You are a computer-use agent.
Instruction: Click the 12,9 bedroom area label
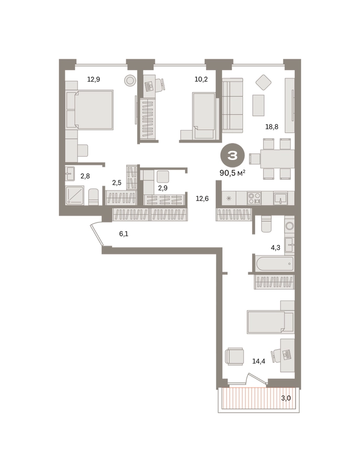pyautogui.click(x=93, y=80)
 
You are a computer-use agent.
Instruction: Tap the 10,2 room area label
pyautogui.click(x=201, y=80)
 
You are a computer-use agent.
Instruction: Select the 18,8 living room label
pyautogui.click(x=271, y=127)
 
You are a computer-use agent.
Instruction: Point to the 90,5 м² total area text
pyautogui.click(x=233, y=173)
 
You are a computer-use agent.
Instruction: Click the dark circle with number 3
pyautogui.click(x=233, y=156)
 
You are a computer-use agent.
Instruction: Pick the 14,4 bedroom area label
pyautogui.click(x=259, y=361)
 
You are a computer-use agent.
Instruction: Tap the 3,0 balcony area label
pyautogui.click(x=286, y=398)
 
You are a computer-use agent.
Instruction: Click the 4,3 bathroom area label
pyautogui.click(x=276, y=248)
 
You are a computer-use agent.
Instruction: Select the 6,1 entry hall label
pyautogui.click(x=124, y=233)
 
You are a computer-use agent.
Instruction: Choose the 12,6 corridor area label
pyautogui.click(x=202, y=199)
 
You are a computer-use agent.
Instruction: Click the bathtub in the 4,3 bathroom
pyautogui.click(x=274, y=264)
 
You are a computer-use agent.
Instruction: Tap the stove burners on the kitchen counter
pyautogui.click(x=254, y=198)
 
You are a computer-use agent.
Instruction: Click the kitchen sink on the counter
pyautogui.click(x=280, y=198)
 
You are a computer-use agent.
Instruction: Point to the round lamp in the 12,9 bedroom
pyautogui.click(x=130, y=80)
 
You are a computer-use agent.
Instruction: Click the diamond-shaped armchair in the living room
pyautogui.click(x=264, y=82)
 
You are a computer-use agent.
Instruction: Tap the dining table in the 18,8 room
pyautogui.click(x=277, y=159)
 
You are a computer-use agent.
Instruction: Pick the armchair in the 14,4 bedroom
pyautogui.click(x=234, y=357)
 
